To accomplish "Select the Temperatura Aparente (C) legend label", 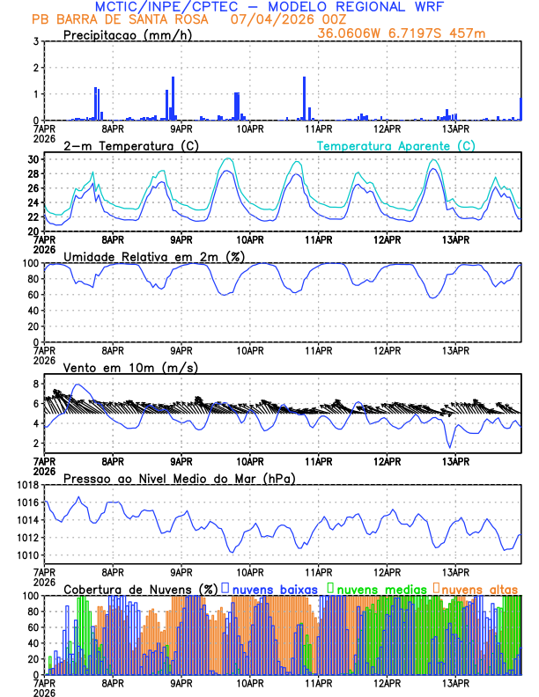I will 396,145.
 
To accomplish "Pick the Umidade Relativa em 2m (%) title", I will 155,256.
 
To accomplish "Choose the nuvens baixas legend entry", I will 275,588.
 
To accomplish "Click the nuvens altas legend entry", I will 479,588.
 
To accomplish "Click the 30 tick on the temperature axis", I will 32,159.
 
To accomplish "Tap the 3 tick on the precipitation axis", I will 34,41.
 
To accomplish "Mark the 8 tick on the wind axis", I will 34,384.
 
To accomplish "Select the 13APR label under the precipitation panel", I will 454,128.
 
